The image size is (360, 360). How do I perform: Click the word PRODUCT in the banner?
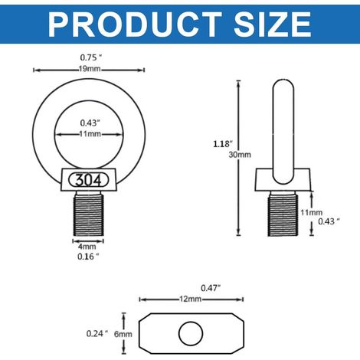coord(135,25)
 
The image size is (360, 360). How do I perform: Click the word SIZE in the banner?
coord(273,25)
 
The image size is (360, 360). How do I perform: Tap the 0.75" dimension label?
coord(90,57)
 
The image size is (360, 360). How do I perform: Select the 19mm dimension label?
coord(89,69)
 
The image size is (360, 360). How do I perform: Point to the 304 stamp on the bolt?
coord(88,180)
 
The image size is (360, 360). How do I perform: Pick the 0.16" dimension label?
coord(88,257)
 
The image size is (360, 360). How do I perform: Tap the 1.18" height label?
coord(223,144)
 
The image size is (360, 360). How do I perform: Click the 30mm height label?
coord(240,155)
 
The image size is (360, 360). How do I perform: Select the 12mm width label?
coord(191,299)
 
